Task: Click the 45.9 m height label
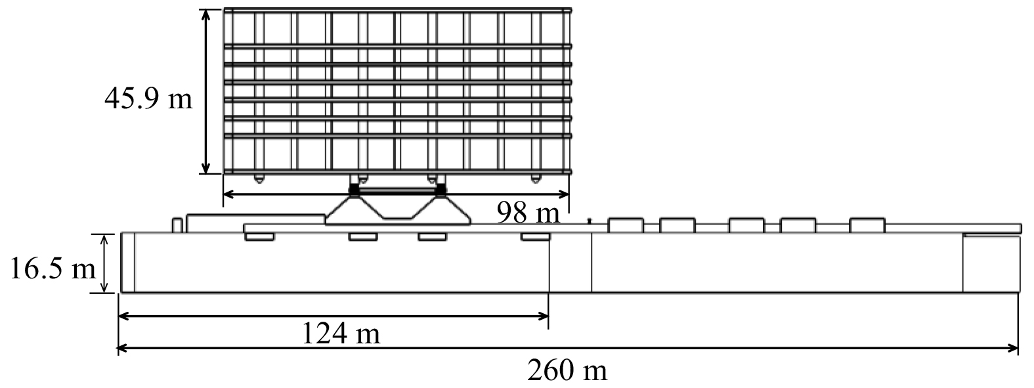coord(148,98)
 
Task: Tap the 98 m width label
coord(528,213)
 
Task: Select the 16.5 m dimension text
coord(52,269)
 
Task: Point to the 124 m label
coord(341,334)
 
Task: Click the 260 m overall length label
coord(567,372)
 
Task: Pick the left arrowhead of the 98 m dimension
coord(229,194)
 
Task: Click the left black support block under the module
coord(355,190)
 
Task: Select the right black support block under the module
coord(441,190)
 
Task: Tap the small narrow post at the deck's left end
coord(176,224)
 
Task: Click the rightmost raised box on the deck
coord(867,225)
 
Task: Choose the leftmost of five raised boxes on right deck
coord(625,225)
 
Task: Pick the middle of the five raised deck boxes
coord(746,225)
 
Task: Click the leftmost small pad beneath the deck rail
coord(259,236)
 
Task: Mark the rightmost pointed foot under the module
coord(535,178)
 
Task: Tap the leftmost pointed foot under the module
coord(259,178)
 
